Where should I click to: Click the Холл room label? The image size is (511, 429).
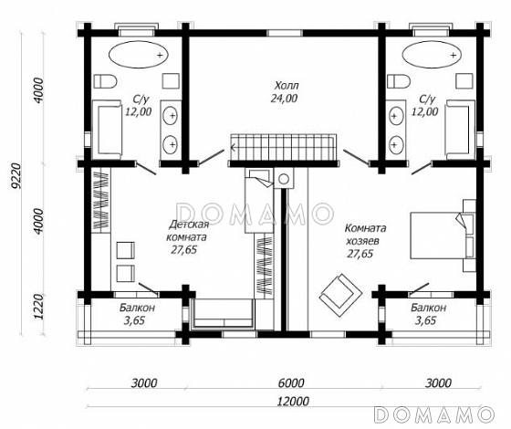pyautogui.click(x=287, y=86)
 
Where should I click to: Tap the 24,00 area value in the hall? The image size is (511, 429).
pyautogui.click(x=284, y=99)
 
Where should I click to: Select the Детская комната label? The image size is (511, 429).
pyautogui.click(x=187, y=231)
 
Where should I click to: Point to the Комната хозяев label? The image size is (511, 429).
pyautogui.click(x=365, y=235)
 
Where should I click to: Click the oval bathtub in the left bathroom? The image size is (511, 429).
pyautogui.click(x=138, y=55)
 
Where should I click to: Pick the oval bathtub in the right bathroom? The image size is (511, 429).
pyautogui.click(x=433, y=55)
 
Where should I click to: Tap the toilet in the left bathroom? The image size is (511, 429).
pyautogui.click(x=105, y=81)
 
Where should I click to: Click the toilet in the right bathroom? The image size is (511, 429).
pyautogui.click(x=399, y=81)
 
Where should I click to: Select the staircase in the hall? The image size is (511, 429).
pyautogui.click(x=283, y=148)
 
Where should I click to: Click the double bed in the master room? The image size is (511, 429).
pyautogui.click(x=443, y=235)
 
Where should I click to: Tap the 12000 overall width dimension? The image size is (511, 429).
pyautogui.click(x=293, y=401)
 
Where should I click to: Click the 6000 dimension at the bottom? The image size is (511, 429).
pyautogui.click(x=291, y=383)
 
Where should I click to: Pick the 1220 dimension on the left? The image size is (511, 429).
pyautogui.click(x=38, y=308)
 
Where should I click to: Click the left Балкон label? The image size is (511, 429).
pyautogui.click(x=137, y=308)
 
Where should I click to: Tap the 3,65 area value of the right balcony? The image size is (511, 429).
pyautogui.click(x=425, y=320)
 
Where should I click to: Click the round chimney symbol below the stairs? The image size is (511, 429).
pyautogui.click(x=284, y=179)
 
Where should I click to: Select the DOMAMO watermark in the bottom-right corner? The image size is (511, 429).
pyautogui.click(x=433, y=414)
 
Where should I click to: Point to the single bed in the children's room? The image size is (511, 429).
pyautogui.click(x=258, y=201)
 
